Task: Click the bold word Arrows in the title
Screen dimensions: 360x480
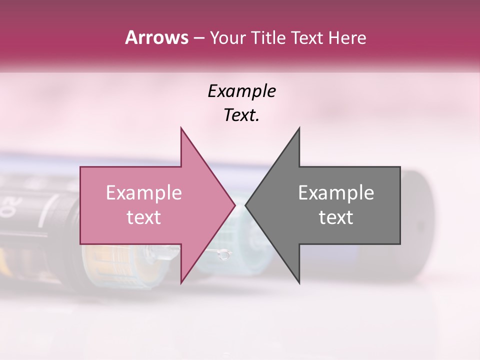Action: point(156,37)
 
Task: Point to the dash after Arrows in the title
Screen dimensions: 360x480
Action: point(198,38)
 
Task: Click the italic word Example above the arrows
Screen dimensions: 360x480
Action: point(241,91)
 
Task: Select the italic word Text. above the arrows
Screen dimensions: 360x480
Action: point(241,115)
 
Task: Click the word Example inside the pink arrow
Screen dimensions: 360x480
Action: point(144,193)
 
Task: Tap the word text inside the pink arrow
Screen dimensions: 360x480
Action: point(144,217)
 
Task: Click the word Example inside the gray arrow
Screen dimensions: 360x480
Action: point(336,193)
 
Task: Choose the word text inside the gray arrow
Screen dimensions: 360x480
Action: point(336,217)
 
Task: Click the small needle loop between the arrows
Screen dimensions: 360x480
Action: point(225,255)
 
